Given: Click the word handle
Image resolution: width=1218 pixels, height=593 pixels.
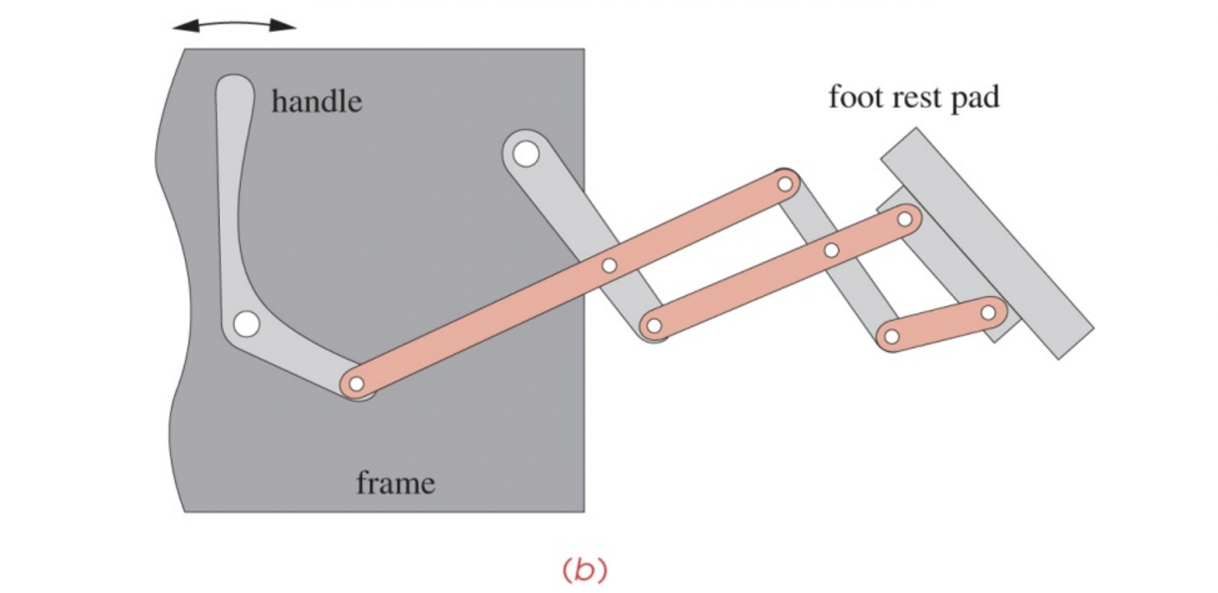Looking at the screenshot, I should click(x=316, y=101).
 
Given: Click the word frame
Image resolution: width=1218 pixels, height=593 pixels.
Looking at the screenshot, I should click(x=395, y=483).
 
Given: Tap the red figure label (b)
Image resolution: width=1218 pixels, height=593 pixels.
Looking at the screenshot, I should click(x=584, y=569).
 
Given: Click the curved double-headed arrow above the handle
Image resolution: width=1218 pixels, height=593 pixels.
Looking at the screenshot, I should click(x=234, y=26).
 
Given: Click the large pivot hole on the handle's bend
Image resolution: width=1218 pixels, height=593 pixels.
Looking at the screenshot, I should click(x=246, y=325).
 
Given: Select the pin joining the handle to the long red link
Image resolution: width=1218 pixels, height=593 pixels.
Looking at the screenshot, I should click(x=356, y=384).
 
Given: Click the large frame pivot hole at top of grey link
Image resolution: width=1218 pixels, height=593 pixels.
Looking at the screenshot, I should click(x=525, y=154).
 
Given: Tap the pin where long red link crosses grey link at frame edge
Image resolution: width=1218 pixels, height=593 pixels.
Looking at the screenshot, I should click(x=609, y=265).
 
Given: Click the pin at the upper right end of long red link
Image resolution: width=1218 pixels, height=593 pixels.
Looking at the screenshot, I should click(x=785, y=184).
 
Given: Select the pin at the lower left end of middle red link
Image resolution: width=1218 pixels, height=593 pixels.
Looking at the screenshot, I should click(x=653, y=327).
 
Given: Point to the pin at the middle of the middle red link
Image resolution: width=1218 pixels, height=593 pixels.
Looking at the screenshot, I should click(x=831, y=250).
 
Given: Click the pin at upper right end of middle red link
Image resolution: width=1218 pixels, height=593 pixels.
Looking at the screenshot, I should click(x=905, y=219).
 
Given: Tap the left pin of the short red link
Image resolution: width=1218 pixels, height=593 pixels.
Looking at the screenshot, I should click(x=892, y=336).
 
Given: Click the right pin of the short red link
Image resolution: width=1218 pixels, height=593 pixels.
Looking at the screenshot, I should click(x=988, y=312).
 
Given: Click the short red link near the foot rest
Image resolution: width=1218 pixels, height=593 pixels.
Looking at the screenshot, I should click(x=940, y=325).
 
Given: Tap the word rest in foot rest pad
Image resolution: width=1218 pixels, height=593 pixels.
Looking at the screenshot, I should click(x=915, y=97).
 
